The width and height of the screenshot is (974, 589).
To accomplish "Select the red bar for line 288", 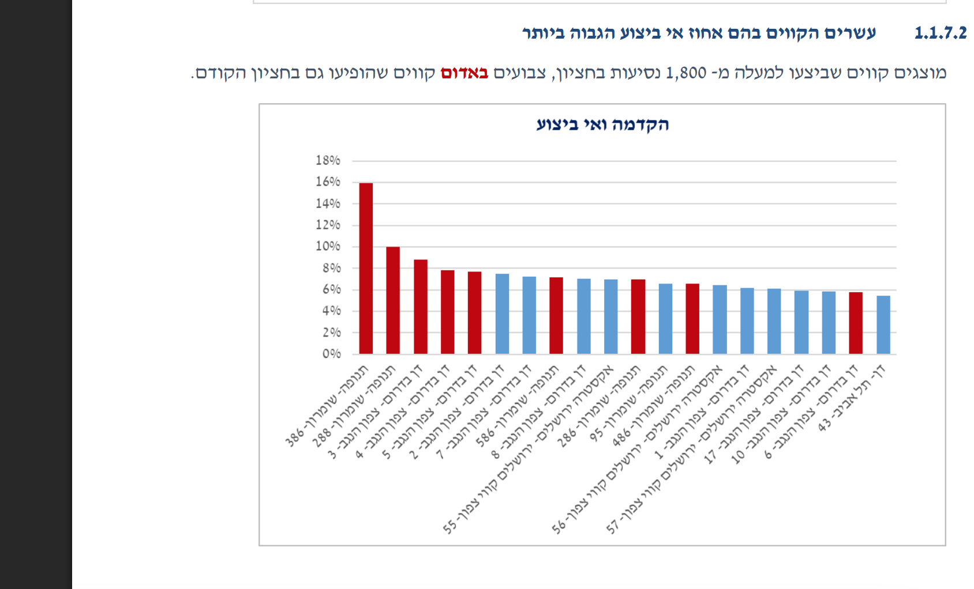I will click(x=393, y=300).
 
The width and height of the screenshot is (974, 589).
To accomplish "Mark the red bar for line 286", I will click(x=638, y=316).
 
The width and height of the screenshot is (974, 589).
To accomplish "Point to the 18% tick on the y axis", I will click(x=328, y=160).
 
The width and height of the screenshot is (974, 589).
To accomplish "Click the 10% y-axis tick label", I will click(x=328, y=246).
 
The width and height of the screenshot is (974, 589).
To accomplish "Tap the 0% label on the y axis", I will click(x=331, y=354).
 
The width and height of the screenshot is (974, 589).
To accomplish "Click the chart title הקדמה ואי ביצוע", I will click(x=602, y=124).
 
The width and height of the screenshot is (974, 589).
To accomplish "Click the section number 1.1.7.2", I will click(x=940, y=33).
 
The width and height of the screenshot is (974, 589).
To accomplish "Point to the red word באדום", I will click(x=464, y=73).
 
